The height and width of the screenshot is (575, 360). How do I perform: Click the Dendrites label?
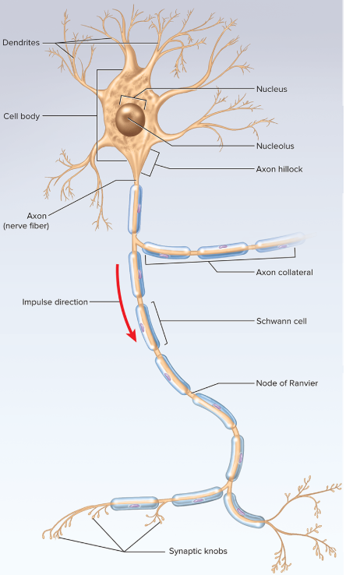click(21, 43)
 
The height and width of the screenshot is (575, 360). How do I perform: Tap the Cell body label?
click(22, 116)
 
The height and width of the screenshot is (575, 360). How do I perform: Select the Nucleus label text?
click(272, 89)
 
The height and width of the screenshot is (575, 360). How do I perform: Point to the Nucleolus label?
click(275, 146)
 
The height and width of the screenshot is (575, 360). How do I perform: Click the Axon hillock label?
click(279, 169)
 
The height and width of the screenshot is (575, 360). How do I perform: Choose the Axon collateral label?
click(284, 272)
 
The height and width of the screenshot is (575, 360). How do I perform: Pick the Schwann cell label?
click(281, 321)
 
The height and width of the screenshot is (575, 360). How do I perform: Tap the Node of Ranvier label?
click(287, 383)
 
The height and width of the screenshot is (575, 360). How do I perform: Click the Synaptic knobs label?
click(198, 551)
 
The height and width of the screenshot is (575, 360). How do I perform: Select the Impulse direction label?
click(55, 302)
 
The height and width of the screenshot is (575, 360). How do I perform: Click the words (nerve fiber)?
click(26, 226)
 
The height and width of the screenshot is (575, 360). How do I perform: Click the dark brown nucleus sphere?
click(130, 119)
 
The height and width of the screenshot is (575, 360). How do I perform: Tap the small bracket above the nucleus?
click(132, 97)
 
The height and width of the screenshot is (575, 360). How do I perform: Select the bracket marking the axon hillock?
click(156, 164)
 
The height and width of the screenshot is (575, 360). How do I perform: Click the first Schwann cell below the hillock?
click(135, 209)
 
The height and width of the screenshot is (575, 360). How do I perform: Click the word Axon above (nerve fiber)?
click(37, 216)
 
